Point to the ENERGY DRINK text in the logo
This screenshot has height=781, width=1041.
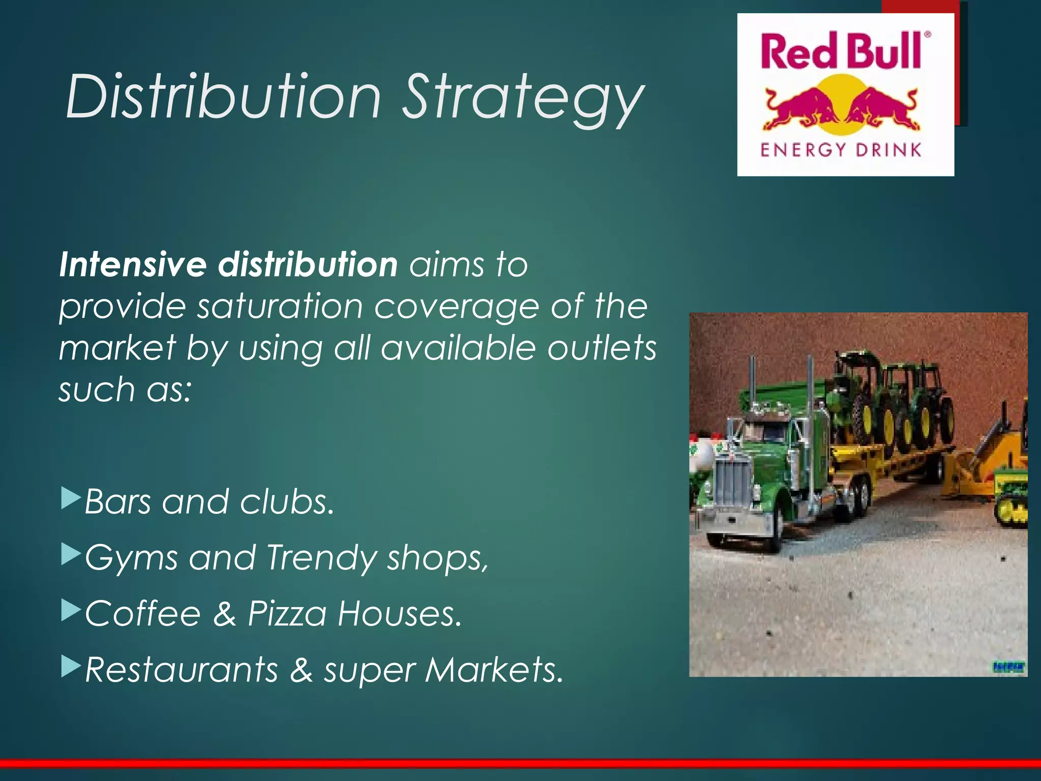pos(841,149)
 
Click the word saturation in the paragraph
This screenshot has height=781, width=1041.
pos(280,306)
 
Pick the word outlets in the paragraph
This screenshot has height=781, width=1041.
pos(602,348)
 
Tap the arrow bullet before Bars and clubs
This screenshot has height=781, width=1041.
pos(71,499)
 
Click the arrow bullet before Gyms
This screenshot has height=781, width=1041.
pos(71,555)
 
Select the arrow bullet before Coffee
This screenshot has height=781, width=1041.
pos(71,611)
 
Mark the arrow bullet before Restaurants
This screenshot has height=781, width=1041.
pos(71,667)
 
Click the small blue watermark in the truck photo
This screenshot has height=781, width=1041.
pos(1009,667)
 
